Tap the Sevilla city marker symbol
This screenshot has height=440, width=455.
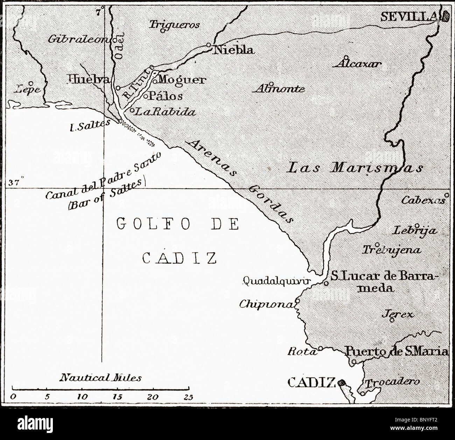(446, 16)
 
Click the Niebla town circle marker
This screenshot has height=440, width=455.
(209, 45)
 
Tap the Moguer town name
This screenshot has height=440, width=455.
(181, 80)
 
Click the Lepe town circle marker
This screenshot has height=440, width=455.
(31, 84)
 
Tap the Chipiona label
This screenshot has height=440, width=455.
(266, 304)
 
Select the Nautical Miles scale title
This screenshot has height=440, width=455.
(101, 378)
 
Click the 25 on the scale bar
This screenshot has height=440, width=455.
(189, 397)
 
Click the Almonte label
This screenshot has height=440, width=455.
(279, 89)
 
